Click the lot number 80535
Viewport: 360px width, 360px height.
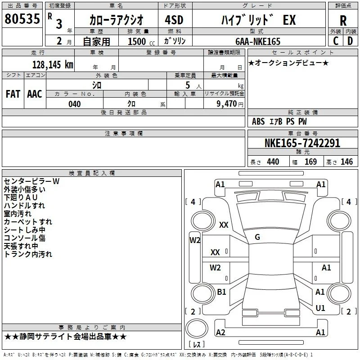(x=22, y=19)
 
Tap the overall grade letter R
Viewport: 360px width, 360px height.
(x=343, y=21)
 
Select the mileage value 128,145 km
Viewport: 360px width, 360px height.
(x=53, y=65)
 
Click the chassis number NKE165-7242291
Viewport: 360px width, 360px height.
(x=302, y=143)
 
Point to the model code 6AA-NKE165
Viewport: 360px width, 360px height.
(x=258, y=41)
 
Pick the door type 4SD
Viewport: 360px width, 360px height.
(x=174, y=20)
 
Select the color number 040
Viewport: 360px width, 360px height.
(x=75, y=104)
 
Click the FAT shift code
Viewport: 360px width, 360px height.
(x=13, y=94)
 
